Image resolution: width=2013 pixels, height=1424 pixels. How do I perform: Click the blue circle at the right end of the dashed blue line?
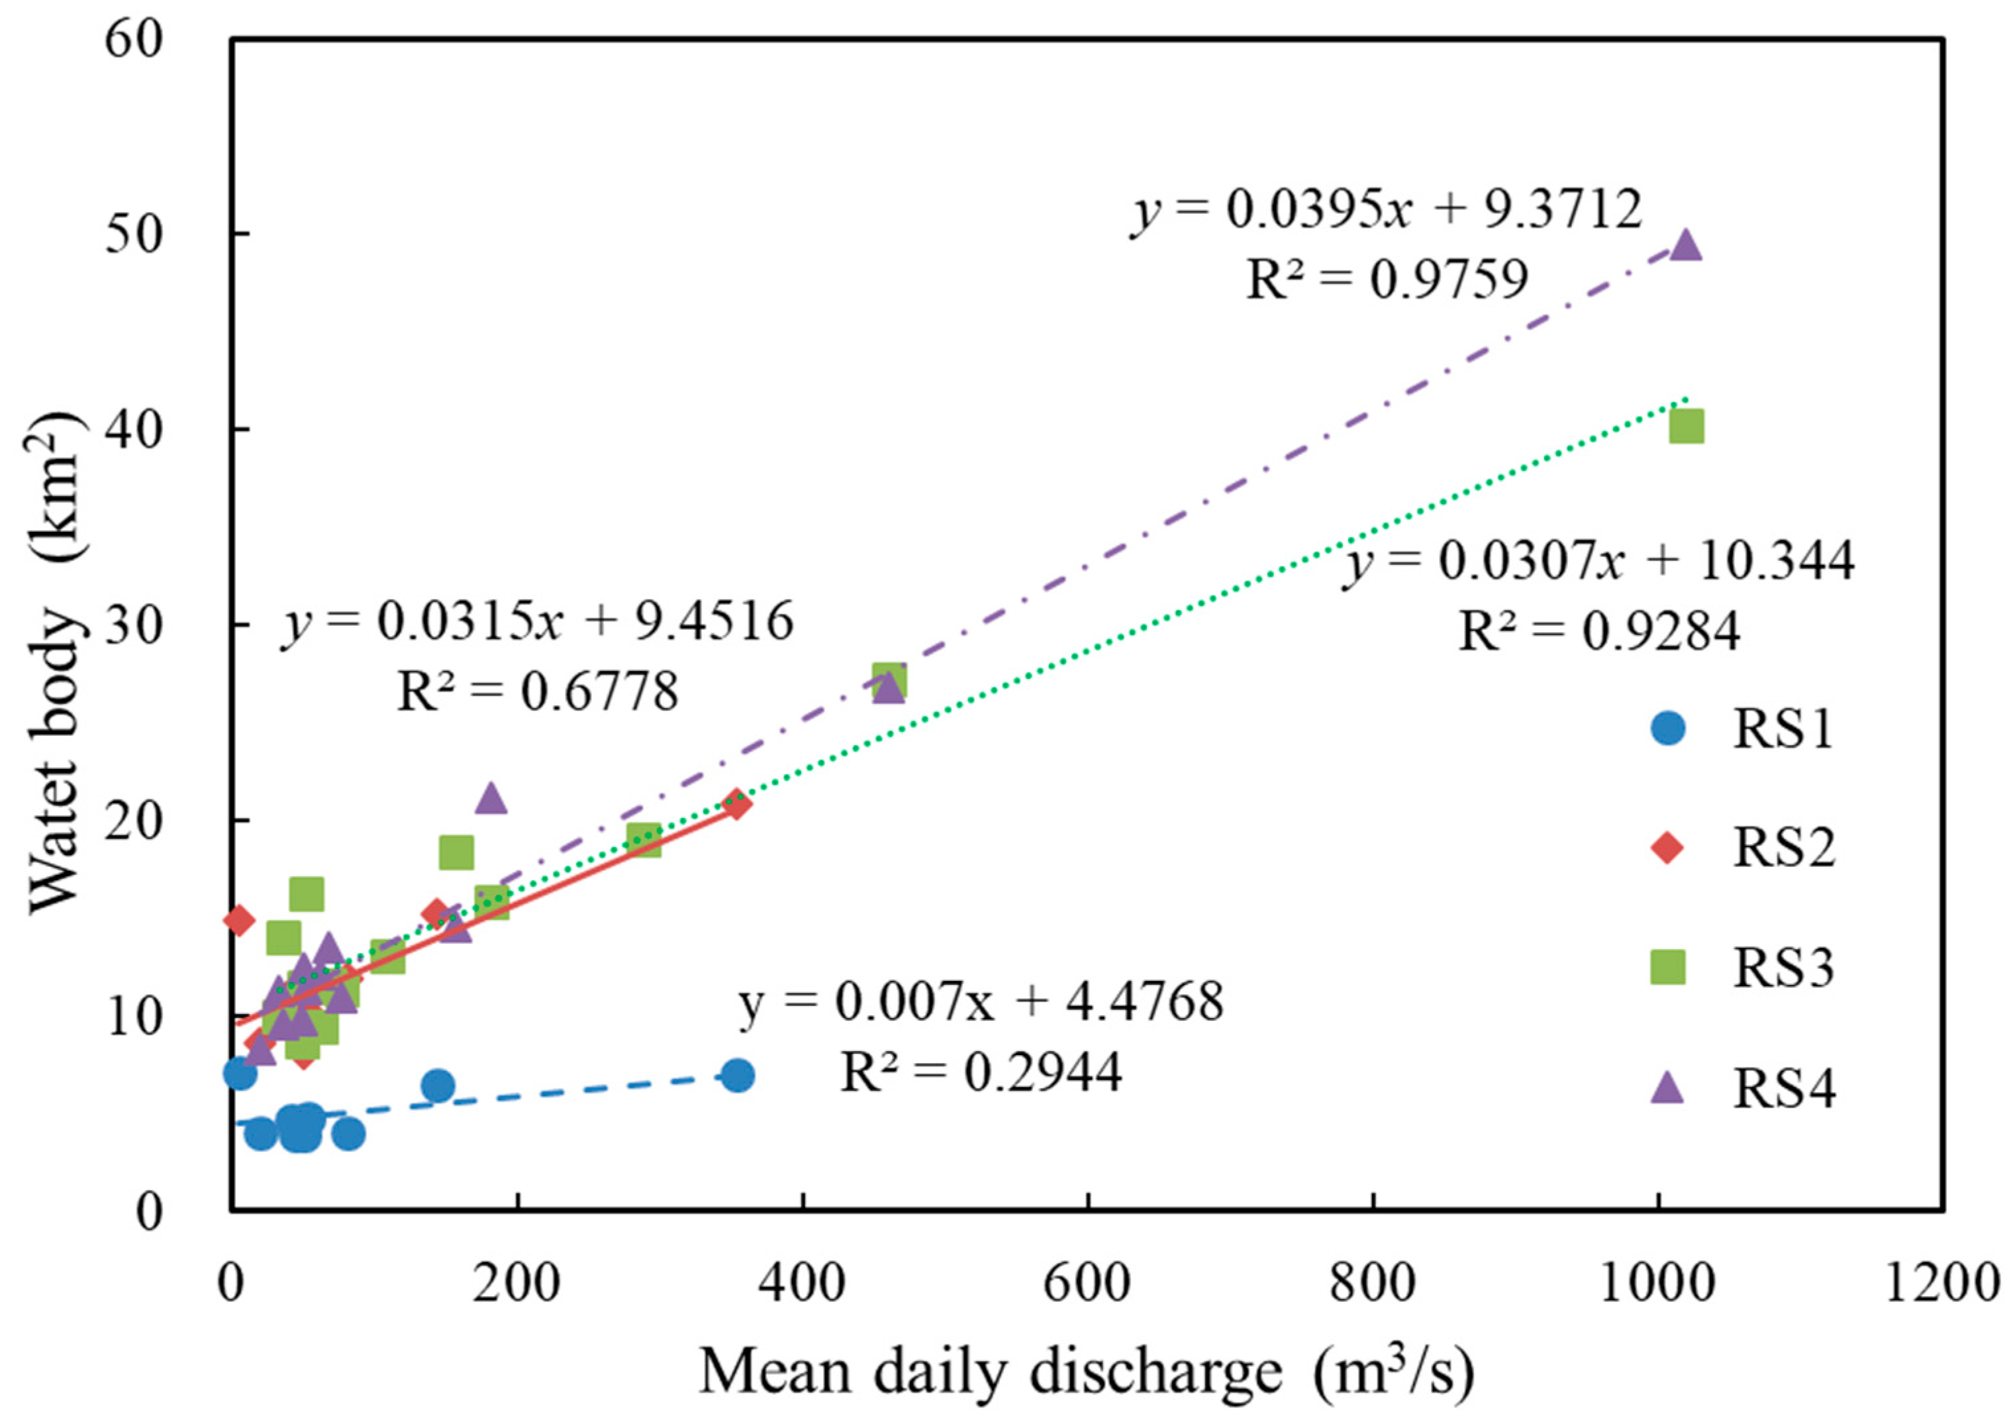738,1076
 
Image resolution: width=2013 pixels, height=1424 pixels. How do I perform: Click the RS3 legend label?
1784,969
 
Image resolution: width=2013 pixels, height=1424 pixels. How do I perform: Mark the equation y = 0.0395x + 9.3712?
1386,211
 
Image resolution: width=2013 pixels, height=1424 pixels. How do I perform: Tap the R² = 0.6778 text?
538,692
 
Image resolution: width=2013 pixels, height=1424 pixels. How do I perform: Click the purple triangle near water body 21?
491,798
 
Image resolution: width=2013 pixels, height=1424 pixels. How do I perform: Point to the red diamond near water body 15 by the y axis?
239,920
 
